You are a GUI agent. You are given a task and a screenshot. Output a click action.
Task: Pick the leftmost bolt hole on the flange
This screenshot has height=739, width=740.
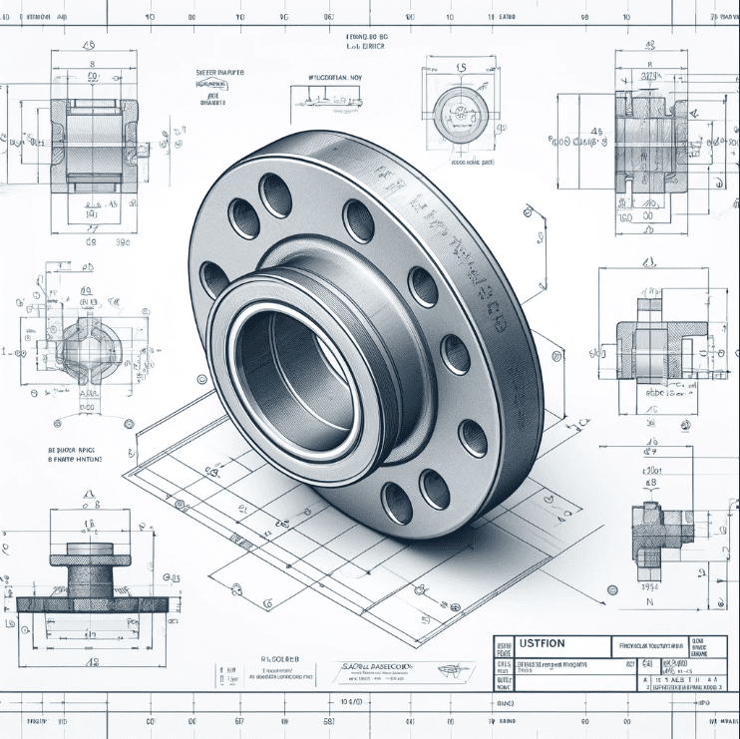(213, 280)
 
